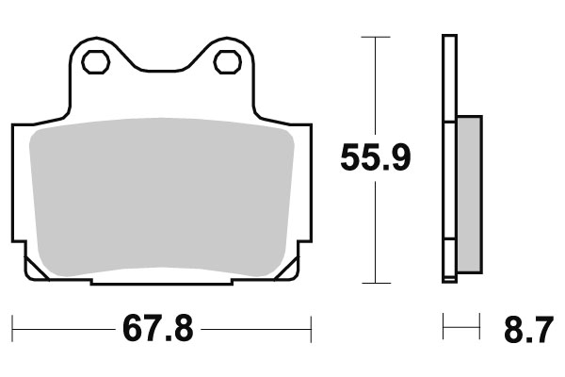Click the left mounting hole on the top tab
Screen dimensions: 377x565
click(x=95, y=62)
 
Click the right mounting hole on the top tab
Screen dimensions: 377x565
click(x=227, y=62)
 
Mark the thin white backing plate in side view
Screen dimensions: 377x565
click(x=448, y=160)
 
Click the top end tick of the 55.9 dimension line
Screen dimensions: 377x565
click(x=375, y=38)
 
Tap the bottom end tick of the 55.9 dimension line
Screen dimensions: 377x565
click(x=375, y=283)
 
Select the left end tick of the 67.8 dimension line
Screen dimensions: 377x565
click(x=13, y=330)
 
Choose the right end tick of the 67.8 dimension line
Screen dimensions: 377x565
click(x=311, y=330)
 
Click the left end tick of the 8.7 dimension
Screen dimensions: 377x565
click(x=444, y=330)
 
